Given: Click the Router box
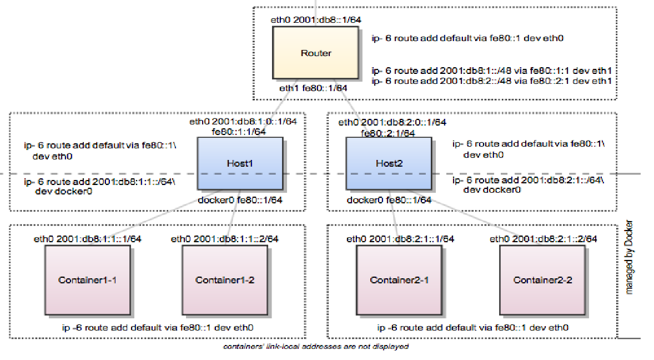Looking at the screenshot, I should (316, 53).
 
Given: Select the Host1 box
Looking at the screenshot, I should (240, 163).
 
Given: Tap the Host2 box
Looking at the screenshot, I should (389, 164).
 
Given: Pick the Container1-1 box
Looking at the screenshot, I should (87, 279).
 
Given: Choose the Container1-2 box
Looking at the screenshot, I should (225, 279).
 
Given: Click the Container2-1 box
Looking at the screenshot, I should (399, 279).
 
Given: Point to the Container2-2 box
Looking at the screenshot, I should (542, 279).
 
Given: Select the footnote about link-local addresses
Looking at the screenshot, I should (315, 347).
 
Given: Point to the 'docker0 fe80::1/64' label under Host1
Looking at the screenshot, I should (240, 200).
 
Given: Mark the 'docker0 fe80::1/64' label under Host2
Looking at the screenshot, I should (389, 200).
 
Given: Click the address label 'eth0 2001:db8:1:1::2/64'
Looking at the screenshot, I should (224, 239).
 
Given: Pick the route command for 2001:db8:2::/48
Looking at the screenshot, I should (491, 81).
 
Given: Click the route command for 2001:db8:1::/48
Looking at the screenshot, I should (491, 71).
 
